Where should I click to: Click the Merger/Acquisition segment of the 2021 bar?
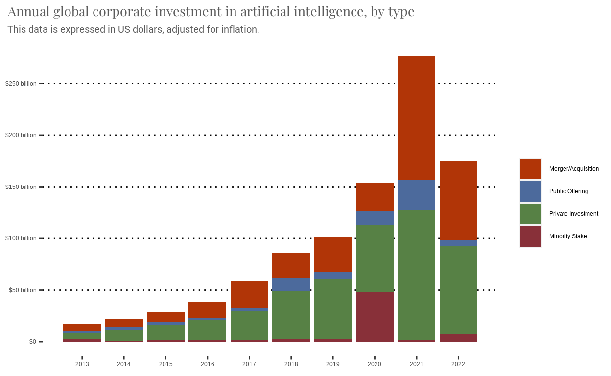pyautogui.click(x=417, y=118)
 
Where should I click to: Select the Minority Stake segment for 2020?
pyautogui.click(x=375, y=316)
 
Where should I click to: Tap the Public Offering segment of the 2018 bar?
pyautogui.click(x=291, y=284)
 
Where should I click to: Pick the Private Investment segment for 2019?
pyautogui.click(x=333, y=309)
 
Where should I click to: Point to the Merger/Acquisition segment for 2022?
pyautogui.click(x=458, y=200)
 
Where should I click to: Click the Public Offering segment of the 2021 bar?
pyautogui.click(x=417, y=195)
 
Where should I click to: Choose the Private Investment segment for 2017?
pyautogui.click(x=249, y=326)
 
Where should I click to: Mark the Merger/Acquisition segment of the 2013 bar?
pyautogui.click(x=82, y=328)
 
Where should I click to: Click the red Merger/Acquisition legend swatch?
pyautogui.click(x=530, y=169)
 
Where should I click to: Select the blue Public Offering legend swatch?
pyautogui.click(x=530, y=191)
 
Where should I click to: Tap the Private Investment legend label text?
pyautogui.click(x=573, y=214)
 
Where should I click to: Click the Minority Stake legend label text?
pyautogui.click(x=567, y=236)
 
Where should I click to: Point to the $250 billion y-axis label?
pyautogui.click(x=21, y=84)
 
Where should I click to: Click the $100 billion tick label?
pyautogui.click(x=21, y=238)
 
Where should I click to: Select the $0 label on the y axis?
pyautogui.click(x=32, y=342)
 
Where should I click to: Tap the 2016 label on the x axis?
pyautogui.click(x=208, y=364)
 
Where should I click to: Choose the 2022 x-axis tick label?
pyautogui.click(x=458, y=364)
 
